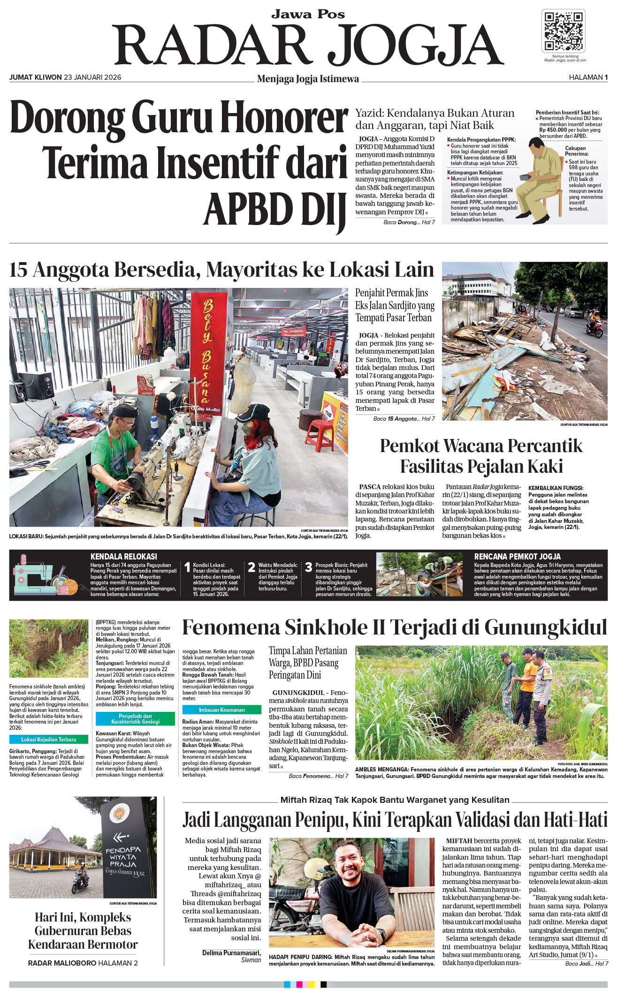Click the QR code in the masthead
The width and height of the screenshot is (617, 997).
coord(563,31)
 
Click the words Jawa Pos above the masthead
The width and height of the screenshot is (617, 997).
coord(308,14)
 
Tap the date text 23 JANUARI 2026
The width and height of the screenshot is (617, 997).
coord(92,77)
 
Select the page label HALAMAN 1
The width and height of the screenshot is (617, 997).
coord(588,77)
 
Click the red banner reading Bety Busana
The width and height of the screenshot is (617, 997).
coord(206,352)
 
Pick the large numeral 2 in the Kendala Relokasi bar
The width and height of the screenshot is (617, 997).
coord(251,567)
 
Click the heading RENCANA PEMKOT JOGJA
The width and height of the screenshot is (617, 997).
coord(517,556)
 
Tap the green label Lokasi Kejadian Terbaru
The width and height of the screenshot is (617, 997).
coord(49,740)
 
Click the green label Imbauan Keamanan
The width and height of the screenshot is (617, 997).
coord(221,710)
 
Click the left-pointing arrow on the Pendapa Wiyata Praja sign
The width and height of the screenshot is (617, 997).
coord(121,836)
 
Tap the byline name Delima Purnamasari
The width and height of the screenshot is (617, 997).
coord(231,952)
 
